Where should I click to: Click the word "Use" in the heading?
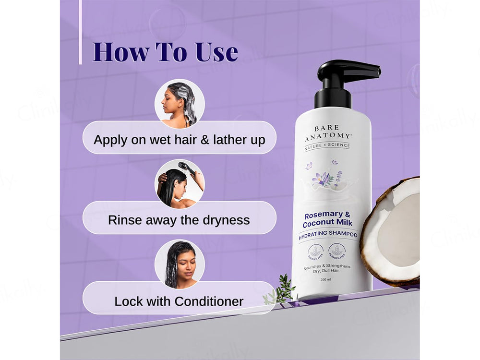click(x=216, y=52)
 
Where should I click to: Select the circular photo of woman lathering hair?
click(x=180, y=103)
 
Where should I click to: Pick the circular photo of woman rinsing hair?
click(x=180, y=183)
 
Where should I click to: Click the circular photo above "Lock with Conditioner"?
click(x=180, y=264)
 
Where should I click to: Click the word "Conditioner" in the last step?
click(x=209, y=301)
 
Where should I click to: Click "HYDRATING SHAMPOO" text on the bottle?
click(x=328, y=234)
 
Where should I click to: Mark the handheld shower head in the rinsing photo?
click(x=187, y=168)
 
